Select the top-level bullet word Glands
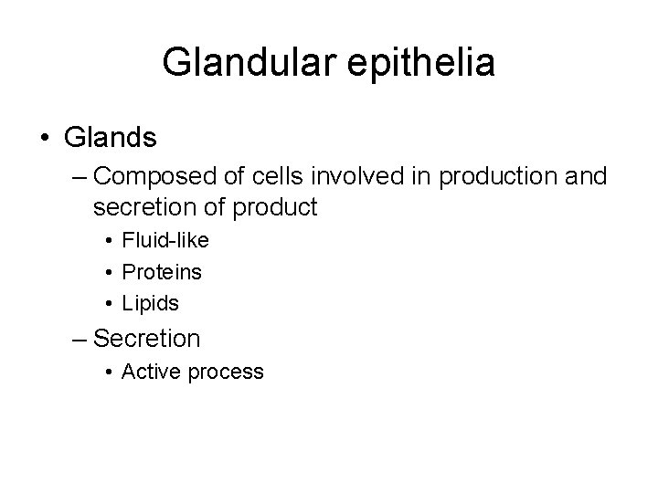[x=111, y=138]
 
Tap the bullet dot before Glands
[x=46, y=139]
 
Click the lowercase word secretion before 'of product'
[x=137, y=207]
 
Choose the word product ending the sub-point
[x=275, y=207]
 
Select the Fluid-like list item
[x=165, y=241]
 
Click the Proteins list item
[x=162, y=271]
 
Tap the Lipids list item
[x=152, y=302]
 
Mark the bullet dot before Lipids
[x=109, y=302]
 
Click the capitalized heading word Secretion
[x=147, y=338]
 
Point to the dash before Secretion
[x=80, y=338]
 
